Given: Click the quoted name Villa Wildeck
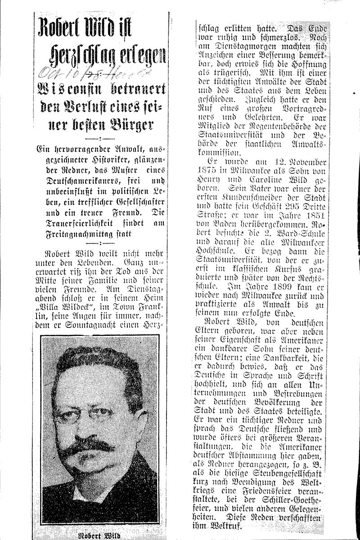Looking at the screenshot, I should coord(67,312).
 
